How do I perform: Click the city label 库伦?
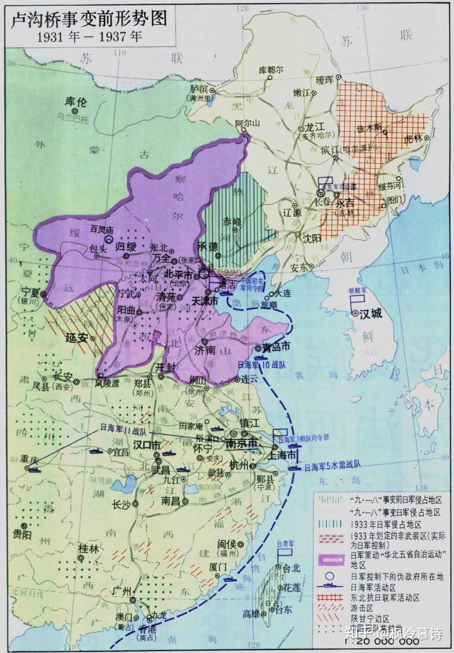tap(76, 102)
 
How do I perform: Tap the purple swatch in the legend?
tap(332, 559)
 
